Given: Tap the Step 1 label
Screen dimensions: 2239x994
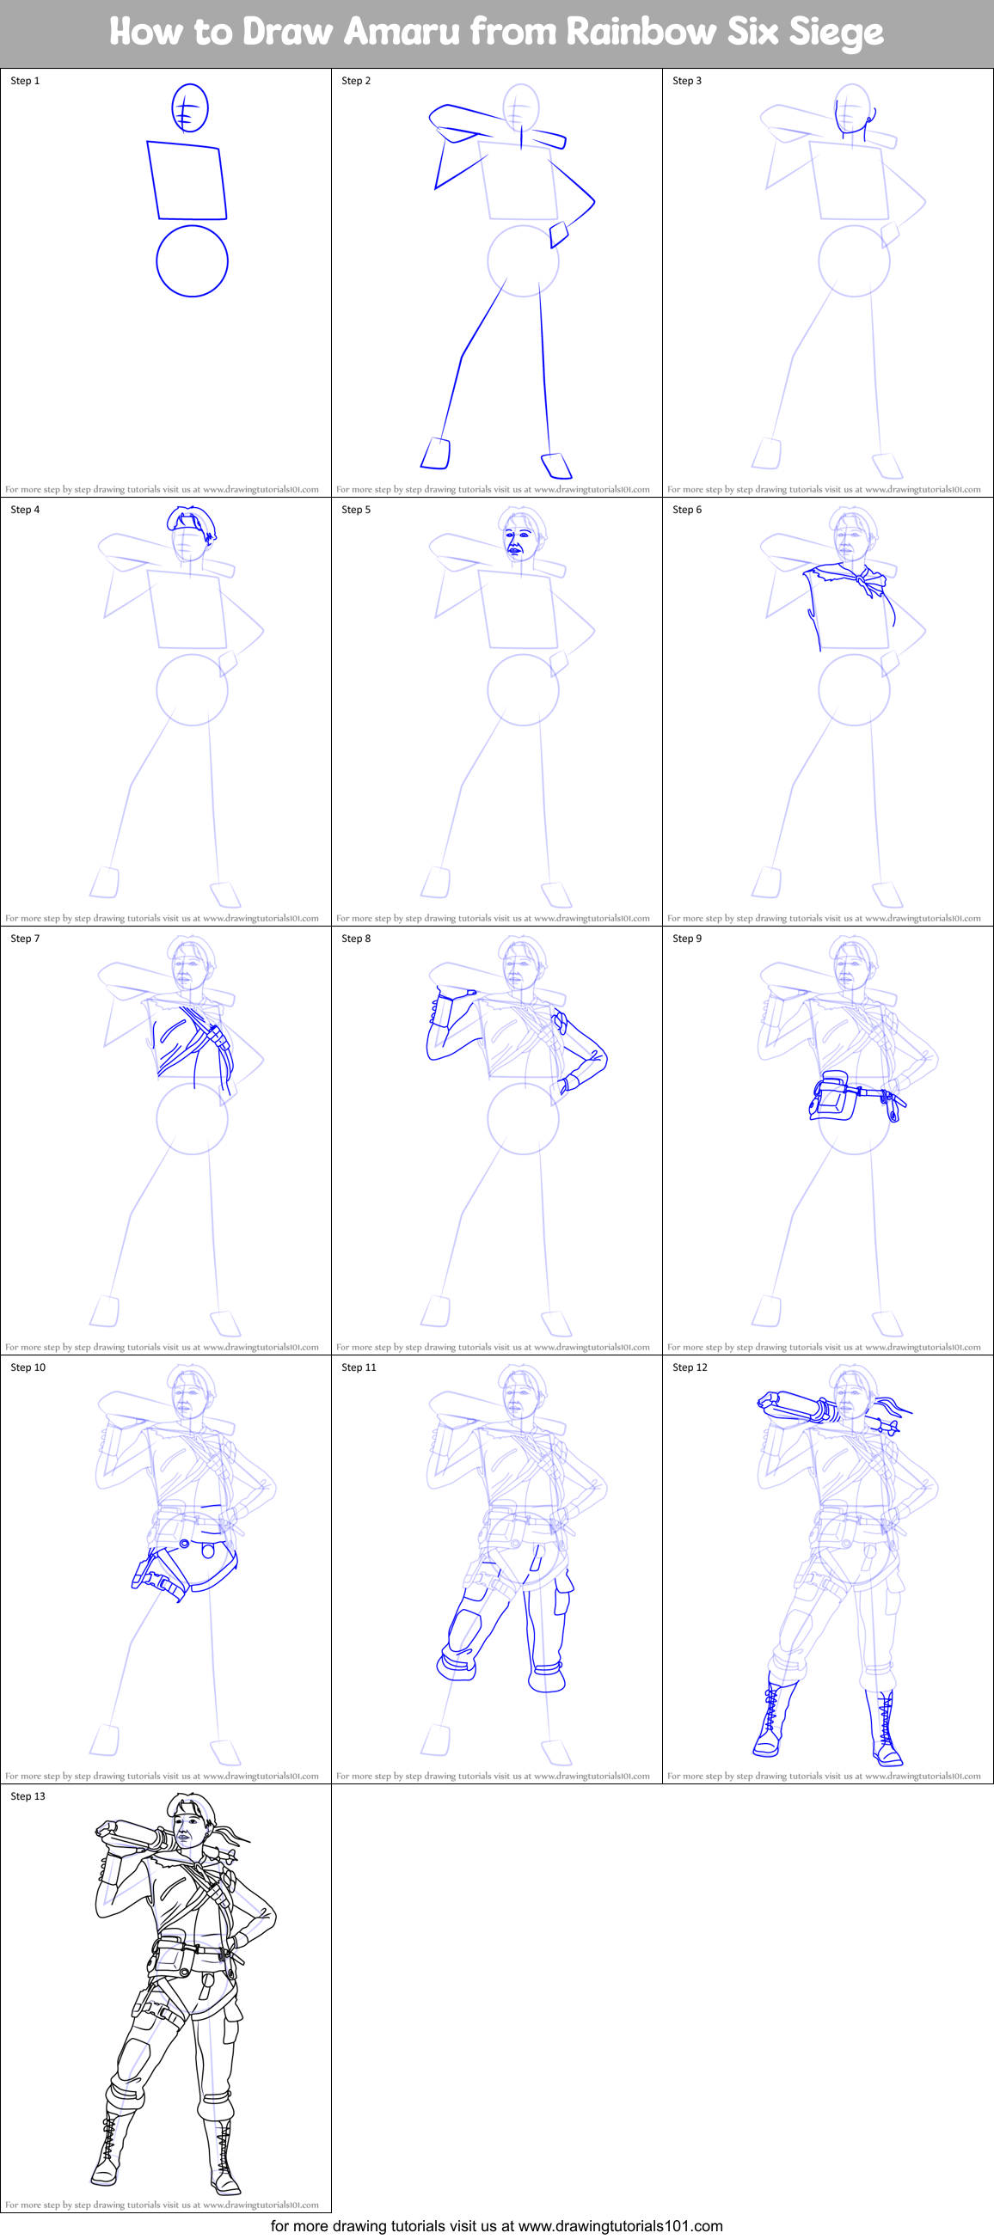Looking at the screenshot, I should (x=25, y=81).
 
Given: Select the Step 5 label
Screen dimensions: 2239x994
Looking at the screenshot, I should (x=356, y=510).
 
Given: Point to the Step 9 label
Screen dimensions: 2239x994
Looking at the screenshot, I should (x=687, y=939).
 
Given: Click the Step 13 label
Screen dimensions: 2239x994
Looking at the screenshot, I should (x=28, y=1796).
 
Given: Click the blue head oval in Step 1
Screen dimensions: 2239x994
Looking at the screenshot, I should (x=189, y=107).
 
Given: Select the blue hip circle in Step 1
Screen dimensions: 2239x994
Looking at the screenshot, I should (x=193, y=260).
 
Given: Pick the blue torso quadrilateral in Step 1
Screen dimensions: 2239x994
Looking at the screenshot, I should (x=187, y=180).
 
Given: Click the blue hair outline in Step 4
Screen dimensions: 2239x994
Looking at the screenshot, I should (x=192, y=523).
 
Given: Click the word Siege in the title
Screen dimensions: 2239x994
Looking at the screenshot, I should (x=835, y=31).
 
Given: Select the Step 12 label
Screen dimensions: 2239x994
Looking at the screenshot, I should (x=690, y=1367).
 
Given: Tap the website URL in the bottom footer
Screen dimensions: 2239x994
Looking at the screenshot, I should (x=620, y=2226).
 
